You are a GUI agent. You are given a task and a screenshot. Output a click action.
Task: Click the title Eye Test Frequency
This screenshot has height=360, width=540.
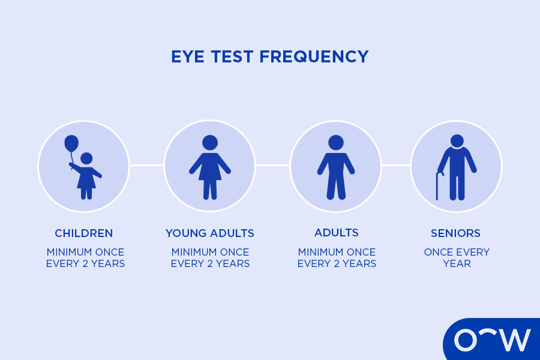[x=269, y=57]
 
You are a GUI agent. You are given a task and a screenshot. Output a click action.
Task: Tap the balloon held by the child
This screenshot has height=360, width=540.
[x=71, y=143]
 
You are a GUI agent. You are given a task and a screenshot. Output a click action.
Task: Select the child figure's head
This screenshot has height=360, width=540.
[x=86, y=158]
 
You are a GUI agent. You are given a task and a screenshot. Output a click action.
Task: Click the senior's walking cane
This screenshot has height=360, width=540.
[x=438, y=185]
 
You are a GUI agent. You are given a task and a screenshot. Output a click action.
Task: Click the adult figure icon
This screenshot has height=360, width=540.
[x=336, y=167]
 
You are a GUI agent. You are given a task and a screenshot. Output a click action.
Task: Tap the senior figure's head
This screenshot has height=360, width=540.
[x=457, y=141]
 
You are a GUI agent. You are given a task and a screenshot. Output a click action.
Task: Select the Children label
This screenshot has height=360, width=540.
[x=84, y=233]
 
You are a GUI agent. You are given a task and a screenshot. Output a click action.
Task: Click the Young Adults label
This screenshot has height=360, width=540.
[x=210, y=233]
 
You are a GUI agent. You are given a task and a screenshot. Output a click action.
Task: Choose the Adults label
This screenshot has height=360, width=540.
[x=336, y=233]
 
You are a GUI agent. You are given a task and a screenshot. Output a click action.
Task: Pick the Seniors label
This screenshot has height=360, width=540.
[x=456, y=233]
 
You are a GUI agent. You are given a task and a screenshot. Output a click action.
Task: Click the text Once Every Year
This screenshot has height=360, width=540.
[x=457, y=257]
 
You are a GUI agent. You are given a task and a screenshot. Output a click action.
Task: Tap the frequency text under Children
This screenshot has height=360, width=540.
[x=85, y=257]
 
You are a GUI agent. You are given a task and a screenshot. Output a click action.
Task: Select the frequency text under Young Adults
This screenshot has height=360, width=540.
[x=210, y=257]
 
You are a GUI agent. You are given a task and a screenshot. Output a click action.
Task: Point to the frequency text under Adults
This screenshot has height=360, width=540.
[x=337, y=257]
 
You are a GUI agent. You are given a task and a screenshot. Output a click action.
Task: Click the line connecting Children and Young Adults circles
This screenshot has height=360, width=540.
[x=146, y=165]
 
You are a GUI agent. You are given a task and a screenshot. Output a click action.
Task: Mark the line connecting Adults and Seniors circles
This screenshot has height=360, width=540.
[x=396, y=165]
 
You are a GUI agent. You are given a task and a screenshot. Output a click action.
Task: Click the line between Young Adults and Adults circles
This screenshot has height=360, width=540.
[x=273, y=165]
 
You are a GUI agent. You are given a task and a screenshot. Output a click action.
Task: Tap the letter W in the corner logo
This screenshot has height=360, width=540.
[x=514, y=340]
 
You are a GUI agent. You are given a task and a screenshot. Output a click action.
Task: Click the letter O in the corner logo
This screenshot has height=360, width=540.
[x=466, y=340]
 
